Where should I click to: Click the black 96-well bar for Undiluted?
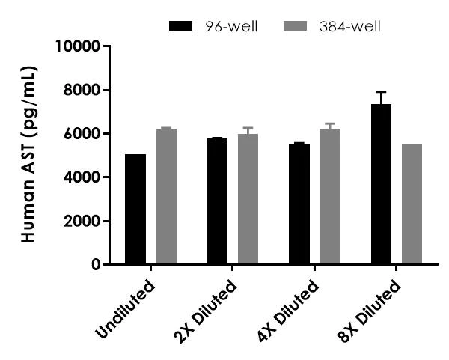pos(135,210)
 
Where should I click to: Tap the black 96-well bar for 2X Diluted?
pos(217,201)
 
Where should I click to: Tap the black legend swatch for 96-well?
pos(182,27)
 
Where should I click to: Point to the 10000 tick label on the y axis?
pos(78,46)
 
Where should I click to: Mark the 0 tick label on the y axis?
pos(95,264)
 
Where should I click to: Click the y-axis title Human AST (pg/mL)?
pos(28,154)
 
